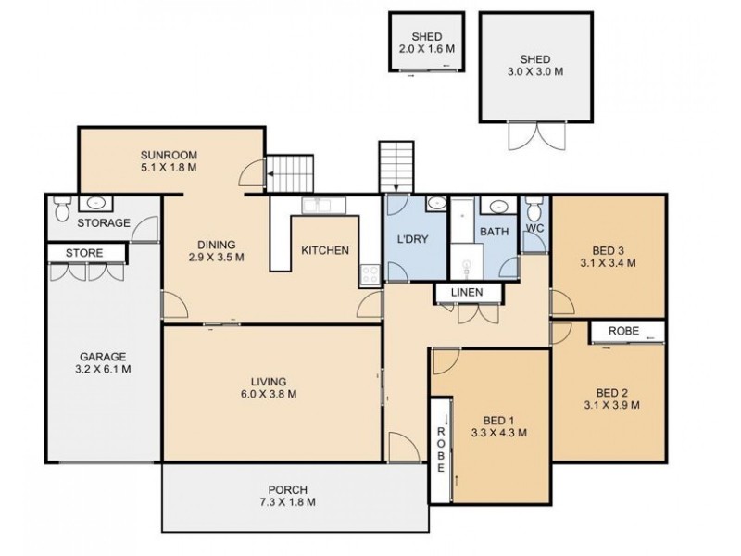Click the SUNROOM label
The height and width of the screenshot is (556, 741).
point(169,155)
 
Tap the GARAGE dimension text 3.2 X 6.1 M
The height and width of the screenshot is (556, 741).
point(103,369)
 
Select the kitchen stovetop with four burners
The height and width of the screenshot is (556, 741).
point(370,275)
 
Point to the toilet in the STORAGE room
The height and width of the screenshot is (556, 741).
point(62,208)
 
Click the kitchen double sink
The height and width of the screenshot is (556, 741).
point(323,206)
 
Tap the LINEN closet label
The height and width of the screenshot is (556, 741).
point(467,293)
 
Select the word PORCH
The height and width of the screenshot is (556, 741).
point(288,490)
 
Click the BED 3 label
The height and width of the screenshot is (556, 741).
point(609,250)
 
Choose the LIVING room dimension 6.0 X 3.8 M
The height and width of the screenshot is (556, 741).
point(269,394)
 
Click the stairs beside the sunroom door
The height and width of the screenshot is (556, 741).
point(290,173)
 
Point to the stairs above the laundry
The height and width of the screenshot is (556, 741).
point(396,167)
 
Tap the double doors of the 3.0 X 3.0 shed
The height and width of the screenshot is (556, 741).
point(537,135)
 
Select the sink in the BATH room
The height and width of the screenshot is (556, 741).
point(496,206)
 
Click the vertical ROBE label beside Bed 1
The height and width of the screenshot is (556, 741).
point(441,449)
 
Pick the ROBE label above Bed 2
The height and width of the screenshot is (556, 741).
point(623,331)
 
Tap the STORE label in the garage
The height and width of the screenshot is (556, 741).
point(84,253)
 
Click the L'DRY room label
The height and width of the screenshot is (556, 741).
point(412,239)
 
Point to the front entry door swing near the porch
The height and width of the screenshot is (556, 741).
point(403,447)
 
